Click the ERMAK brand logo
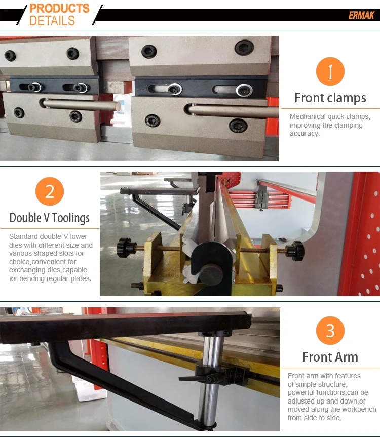361,15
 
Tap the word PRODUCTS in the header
60,9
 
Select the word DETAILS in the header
52,21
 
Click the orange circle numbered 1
330,71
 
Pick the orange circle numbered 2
50,191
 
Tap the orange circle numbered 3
330,331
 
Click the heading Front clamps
330,98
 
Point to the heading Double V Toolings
50,218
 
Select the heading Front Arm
330,357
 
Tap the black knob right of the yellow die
295,251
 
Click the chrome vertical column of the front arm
211,379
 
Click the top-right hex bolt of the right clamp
244,47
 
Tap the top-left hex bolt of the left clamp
10,56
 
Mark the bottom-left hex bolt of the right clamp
153,121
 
